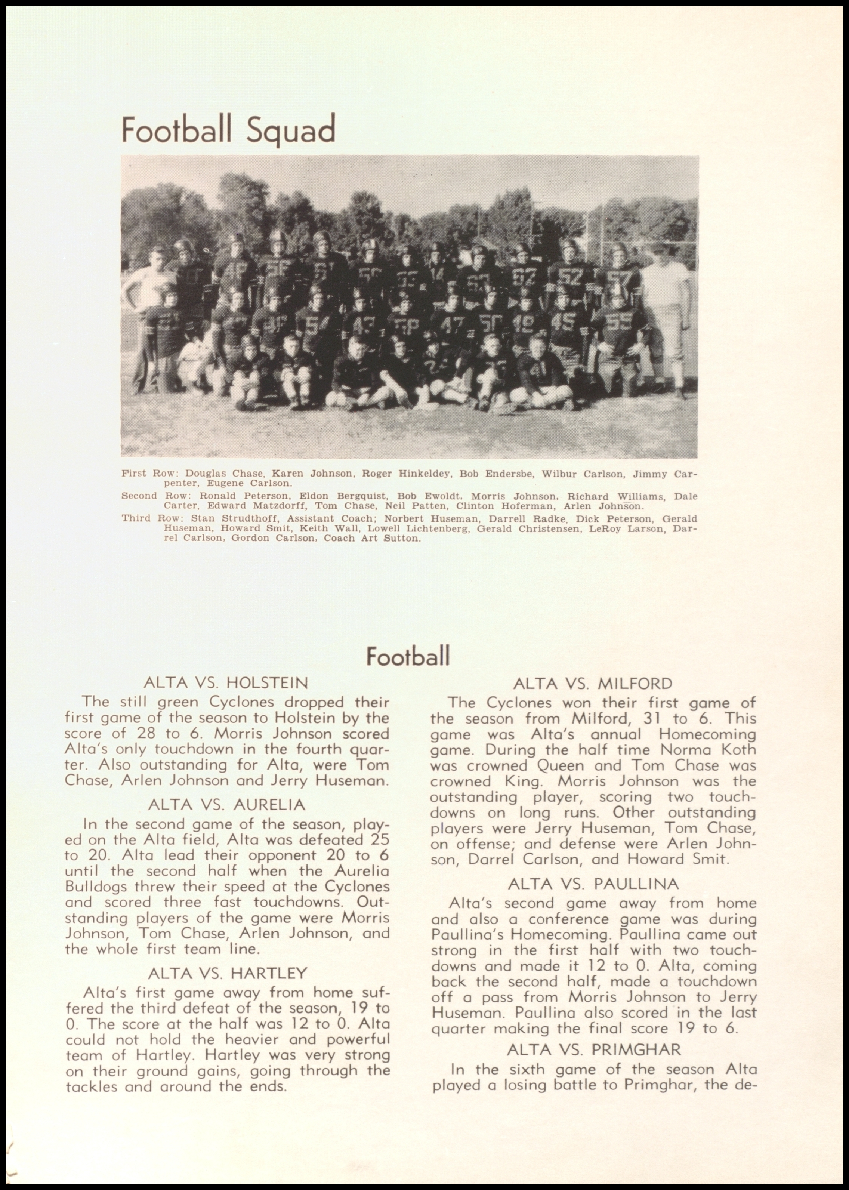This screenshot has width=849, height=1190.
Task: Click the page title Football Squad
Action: coord(228,130)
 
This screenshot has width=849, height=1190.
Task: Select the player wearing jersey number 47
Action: coord(451,324)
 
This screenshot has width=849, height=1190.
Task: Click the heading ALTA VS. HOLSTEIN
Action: coord(226,683)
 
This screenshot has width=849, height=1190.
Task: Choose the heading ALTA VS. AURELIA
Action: coord(227,804)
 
